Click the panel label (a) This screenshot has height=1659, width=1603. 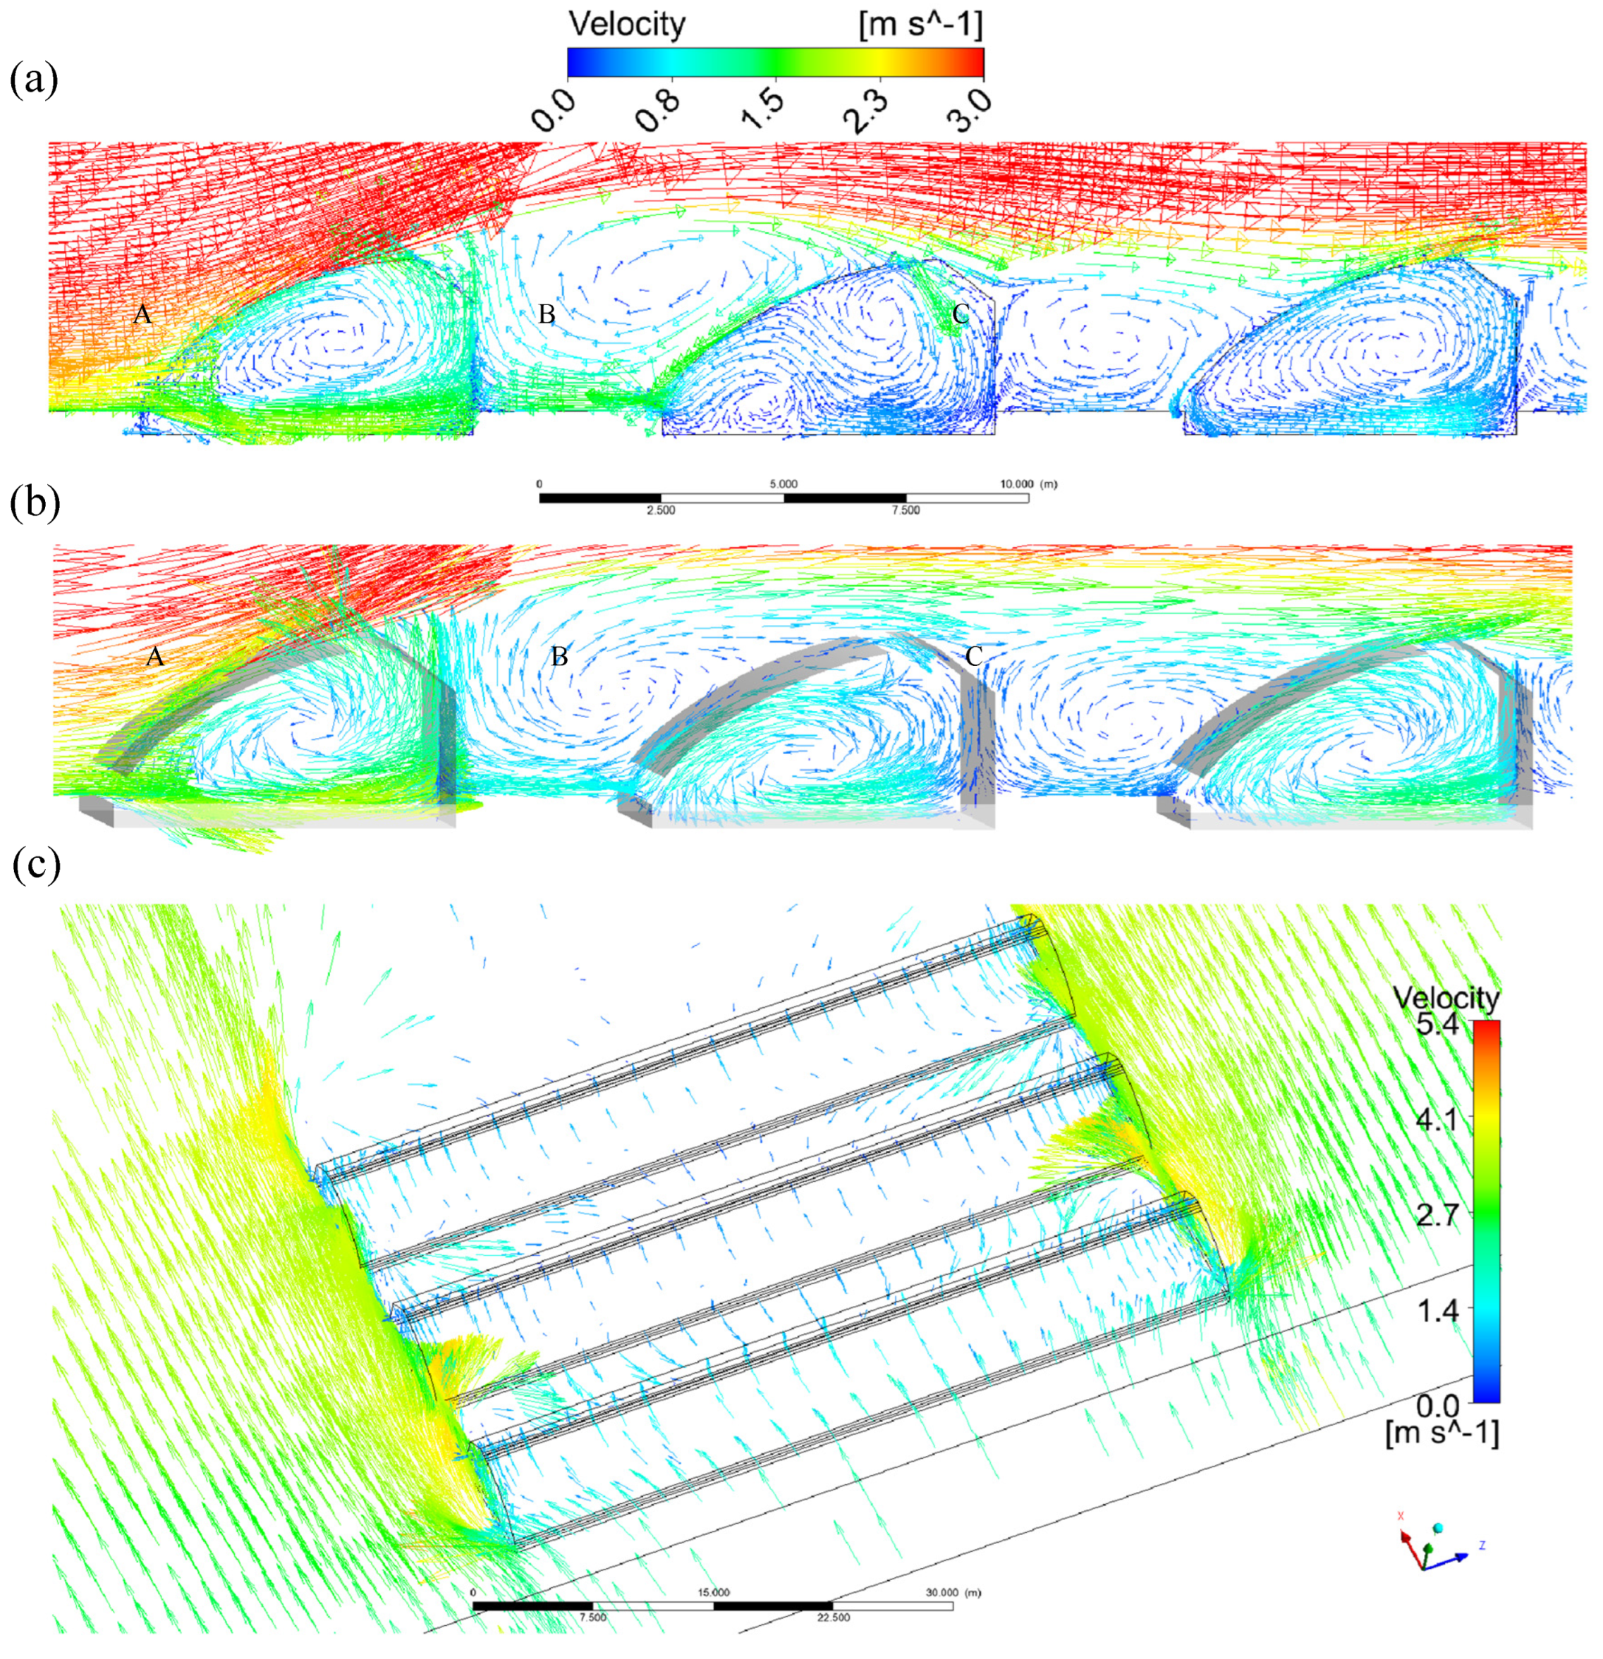[34, 81]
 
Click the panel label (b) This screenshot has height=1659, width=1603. [35, 504]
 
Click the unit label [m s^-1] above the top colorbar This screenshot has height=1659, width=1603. [920, 25]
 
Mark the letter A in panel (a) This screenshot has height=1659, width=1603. [142, 315]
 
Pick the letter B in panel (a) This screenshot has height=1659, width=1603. [547, 315]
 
